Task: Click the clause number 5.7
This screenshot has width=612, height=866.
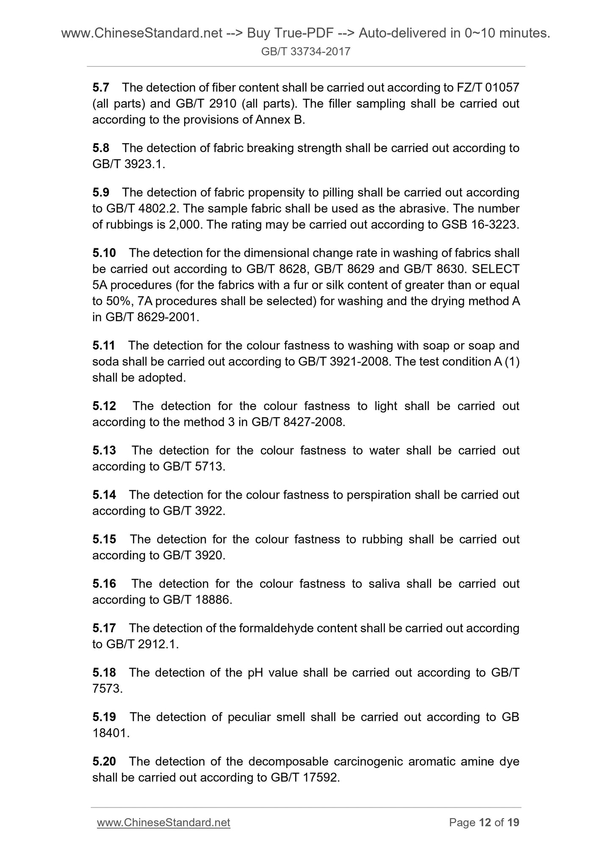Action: tap(101, 88)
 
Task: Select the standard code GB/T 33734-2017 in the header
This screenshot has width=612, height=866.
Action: tap(306, 52)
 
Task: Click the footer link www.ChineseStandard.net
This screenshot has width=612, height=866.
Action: tap(163, 822)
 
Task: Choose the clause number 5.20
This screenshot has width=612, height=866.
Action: tap(104, 761)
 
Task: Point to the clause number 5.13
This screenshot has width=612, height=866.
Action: tap(104, 450)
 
